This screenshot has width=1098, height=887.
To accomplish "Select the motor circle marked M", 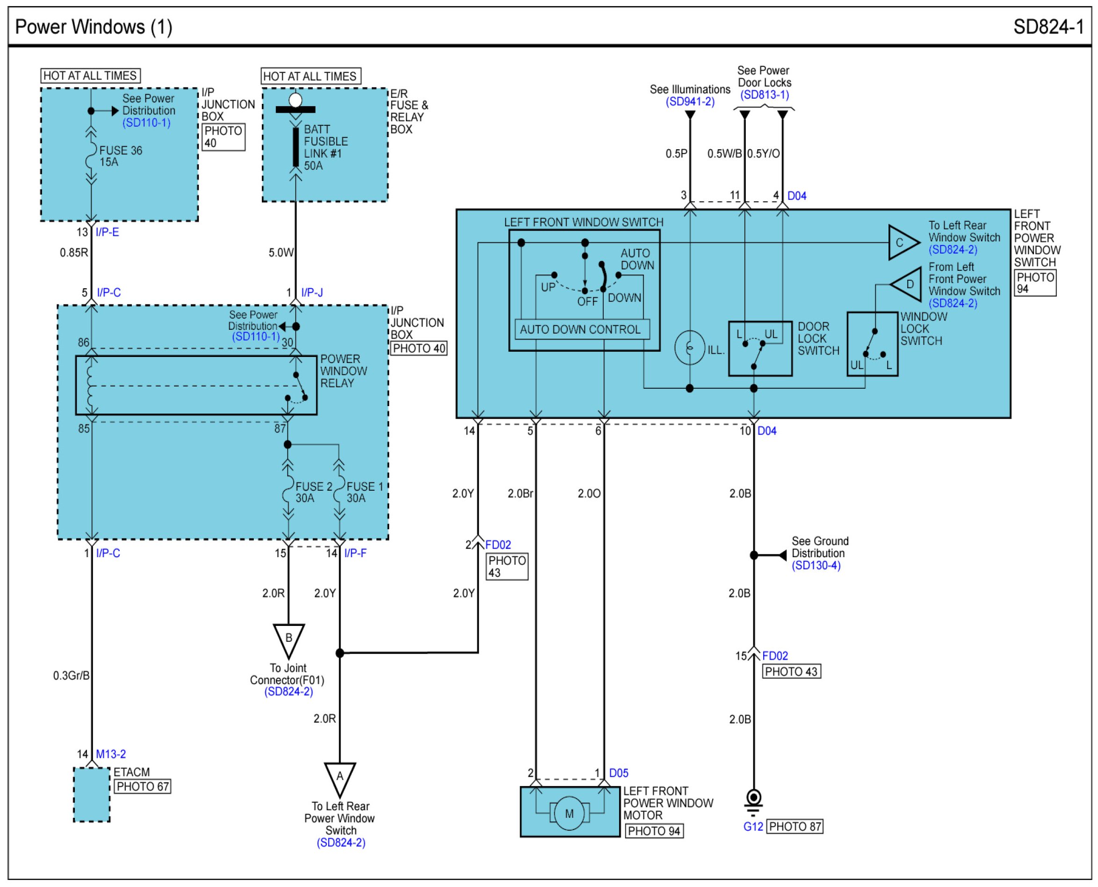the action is tap(569, 814).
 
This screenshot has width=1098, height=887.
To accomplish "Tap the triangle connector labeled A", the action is tap(340, 779).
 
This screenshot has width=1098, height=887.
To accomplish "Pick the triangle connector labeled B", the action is tap(289, 640).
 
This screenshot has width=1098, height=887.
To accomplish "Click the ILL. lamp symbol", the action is tap(689, 348).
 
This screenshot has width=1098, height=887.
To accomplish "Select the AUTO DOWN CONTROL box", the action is tap(582, 329).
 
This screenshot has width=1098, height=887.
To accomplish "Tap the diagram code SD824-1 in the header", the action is tap(1048, 27).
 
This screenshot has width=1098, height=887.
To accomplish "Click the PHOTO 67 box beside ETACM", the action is tap(143, 786).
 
